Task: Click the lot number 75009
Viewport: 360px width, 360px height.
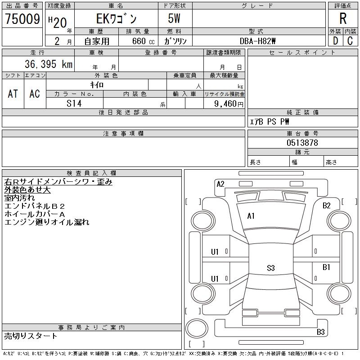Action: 22,19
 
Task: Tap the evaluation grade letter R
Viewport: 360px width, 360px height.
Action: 343,19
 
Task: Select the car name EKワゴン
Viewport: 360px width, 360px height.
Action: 116,19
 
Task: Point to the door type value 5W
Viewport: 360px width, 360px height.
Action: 175,19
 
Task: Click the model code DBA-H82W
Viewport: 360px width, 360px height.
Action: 258,41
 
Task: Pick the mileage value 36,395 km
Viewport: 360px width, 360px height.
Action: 44,64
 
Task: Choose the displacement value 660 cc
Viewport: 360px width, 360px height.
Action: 136,41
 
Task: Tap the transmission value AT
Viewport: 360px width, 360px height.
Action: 13,94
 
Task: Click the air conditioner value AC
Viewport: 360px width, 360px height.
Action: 35,94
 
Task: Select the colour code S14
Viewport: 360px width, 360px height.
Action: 74,103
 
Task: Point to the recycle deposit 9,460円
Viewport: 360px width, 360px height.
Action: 229,104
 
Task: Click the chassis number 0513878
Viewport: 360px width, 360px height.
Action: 302,143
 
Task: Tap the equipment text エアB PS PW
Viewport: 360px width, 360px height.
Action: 270,121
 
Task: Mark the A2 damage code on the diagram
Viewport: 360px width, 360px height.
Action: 220,184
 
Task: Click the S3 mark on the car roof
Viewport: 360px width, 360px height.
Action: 270,268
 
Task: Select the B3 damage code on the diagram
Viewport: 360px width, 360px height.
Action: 320,332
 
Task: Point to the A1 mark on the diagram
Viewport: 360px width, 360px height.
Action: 251,216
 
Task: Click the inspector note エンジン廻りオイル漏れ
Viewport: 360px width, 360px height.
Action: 47,222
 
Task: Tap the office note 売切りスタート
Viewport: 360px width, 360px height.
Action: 31,336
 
